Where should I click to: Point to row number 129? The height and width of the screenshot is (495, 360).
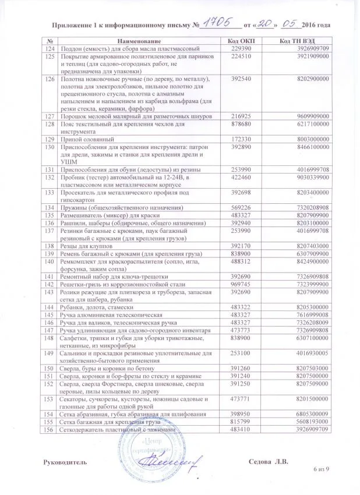pyautogui.click(x=50, y=140)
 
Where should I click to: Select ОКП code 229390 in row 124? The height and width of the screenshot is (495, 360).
pyautogui.click(x=242, y=49)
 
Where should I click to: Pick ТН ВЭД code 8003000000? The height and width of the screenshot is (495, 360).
pyautogui.click(x=313, y=140)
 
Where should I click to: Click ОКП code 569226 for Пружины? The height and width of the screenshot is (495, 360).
pyautogui.click(x=242, y=207)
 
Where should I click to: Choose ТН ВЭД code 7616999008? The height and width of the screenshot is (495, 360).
pyautogui.click(x=313, y=314)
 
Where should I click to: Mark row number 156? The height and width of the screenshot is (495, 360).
pyautogui.click(x=50, y=429)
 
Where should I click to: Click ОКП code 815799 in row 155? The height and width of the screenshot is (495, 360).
pyautogui.click(x=242, y=421)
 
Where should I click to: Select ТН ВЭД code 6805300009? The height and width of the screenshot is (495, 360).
pyautogui.click(x=313, y=413)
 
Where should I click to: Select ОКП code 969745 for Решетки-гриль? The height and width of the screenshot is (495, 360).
pyautogui.click(x=242, y=283)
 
